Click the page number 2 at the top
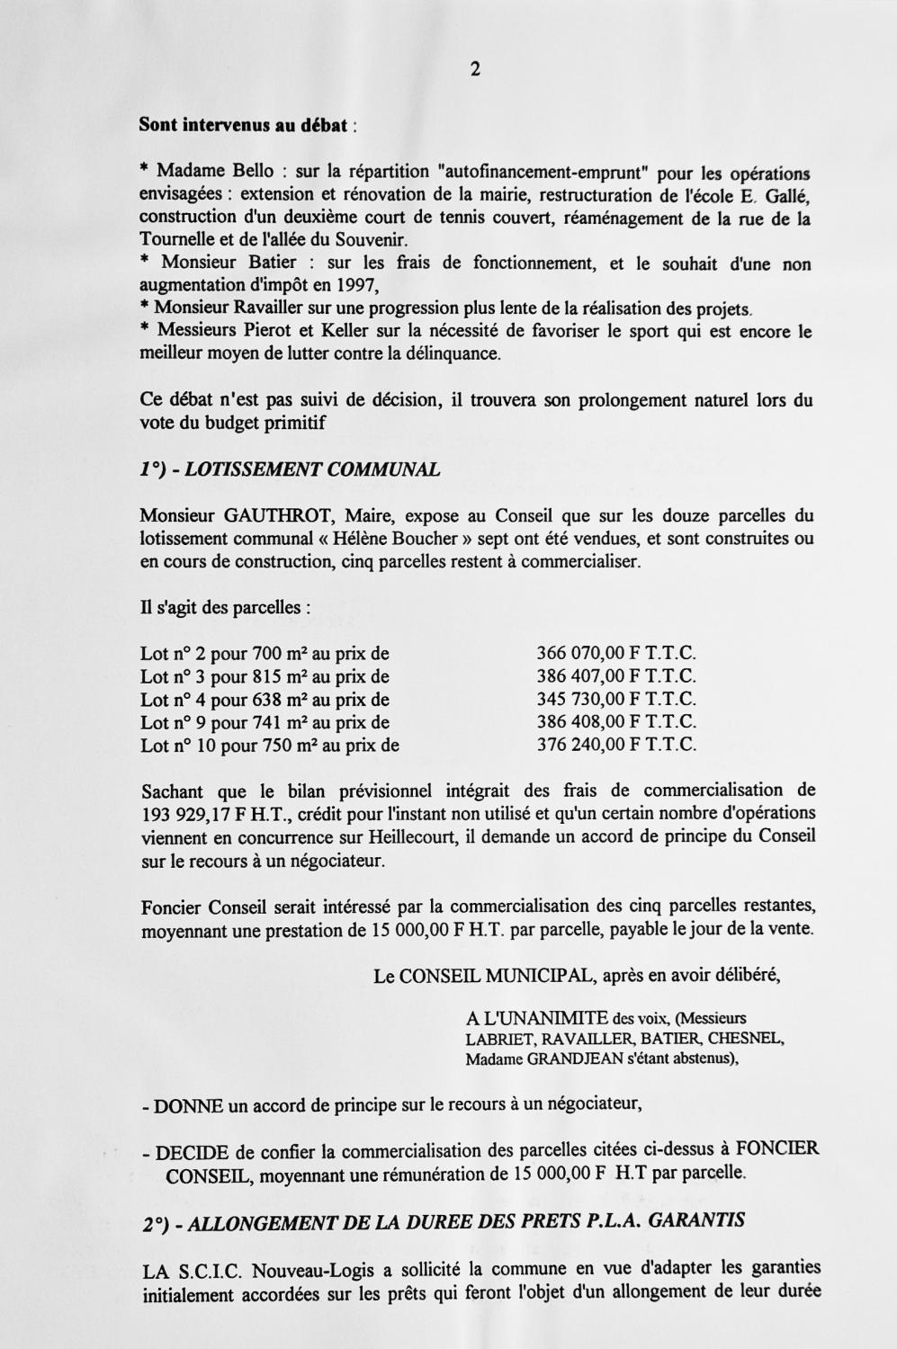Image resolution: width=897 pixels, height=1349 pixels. [474, 69]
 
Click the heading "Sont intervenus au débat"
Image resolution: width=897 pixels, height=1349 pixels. [243, 125]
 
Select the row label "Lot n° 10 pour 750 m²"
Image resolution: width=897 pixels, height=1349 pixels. [235, 745]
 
